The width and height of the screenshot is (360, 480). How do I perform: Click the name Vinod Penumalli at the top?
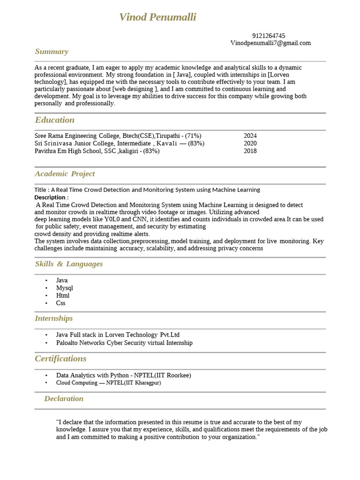tap(157, 17)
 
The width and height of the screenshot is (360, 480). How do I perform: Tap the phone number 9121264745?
tap(268, 36)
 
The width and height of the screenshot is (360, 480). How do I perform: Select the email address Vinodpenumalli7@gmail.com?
tap(270, 43)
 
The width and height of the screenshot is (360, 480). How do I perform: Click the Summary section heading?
tap(52, 52)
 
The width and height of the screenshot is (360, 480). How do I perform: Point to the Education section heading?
tap(54, 120)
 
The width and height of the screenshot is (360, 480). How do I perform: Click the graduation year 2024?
tap(250, 136)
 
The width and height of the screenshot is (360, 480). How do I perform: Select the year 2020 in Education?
tap(250, 143)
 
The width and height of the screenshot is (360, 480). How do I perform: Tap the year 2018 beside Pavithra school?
tap(250, 151)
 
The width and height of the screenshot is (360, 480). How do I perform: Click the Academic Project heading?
tap(65, 174)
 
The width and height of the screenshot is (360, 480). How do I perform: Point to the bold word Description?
tap(51, 197)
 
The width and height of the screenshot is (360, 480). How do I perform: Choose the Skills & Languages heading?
tap(68, 264)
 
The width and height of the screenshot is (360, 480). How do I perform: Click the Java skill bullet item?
tap(62, 280)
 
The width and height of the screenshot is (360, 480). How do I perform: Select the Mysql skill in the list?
tap(64, 288)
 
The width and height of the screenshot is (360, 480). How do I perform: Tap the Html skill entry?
tap(62, 295)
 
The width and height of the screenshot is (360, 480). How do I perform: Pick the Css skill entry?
tap(60, 303)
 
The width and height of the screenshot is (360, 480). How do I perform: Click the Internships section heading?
tap(53, 318)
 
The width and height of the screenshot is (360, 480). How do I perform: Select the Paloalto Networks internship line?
tap(124, 343)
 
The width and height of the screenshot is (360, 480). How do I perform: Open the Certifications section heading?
tap(60, 359)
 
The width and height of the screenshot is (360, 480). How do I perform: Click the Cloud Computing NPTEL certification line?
tap(108, 383)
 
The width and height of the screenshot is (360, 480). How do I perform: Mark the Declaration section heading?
tap(64, 398)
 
